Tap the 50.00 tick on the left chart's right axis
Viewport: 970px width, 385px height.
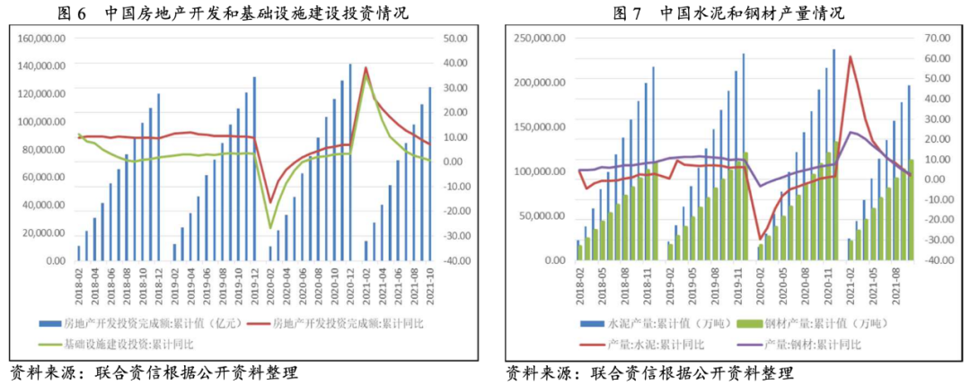click(457, 39)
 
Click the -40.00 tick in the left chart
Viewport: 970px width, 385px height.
click(457, 261)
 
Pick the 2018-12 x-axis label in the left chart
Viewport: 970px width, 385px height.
click(158, 284)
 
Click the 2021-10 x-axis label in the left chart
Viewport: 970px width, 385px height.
click(430, 284)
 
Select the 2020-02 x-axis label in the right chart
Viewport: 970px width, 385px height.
click(762, 284)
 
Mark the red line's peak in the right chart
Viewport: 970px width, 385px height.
click(850, 57)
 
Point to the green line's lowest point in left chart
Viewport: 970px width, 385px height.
click(270, 229)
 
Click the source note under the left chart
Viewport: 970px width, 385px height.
click(153, 372)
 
